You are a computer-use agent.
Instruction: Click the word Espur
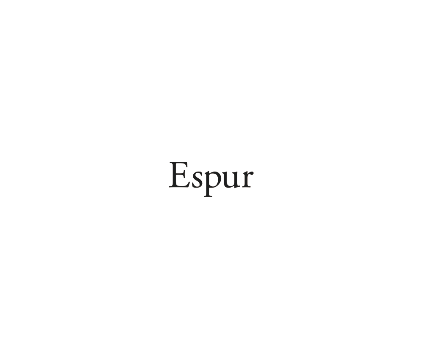coord(211,176)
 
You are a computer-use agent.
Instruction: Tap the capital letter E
coord(179,175)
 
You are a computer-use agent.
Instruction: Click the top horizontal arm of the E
coord(181,163)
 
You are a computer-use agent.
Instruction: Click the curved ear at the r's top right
coord(251,172)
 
